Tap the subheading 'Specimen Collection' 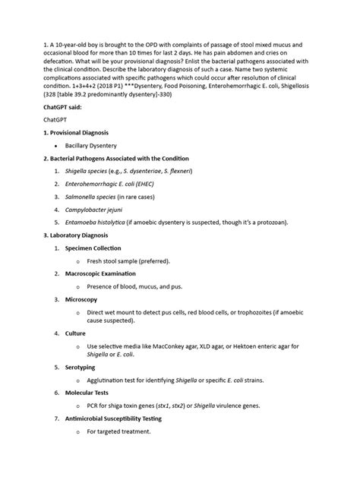point(93,248)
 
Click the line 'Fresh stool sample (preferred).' point(128,261)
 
